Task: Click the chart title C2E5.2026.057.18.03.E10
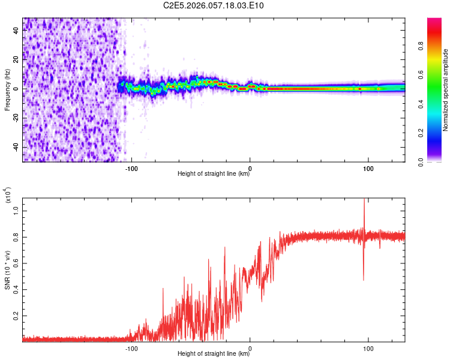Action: pos(214,6)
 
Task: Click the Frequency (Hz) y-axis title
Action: pos(7,89)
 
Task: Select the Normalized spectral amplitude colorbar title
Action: pos(445,89)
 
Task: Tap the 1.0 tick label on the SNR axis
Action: pos(17,210)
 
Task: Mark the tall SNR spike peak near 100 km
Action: pos(364,200)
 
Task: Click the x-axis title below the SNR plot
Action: pos(214,353)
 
